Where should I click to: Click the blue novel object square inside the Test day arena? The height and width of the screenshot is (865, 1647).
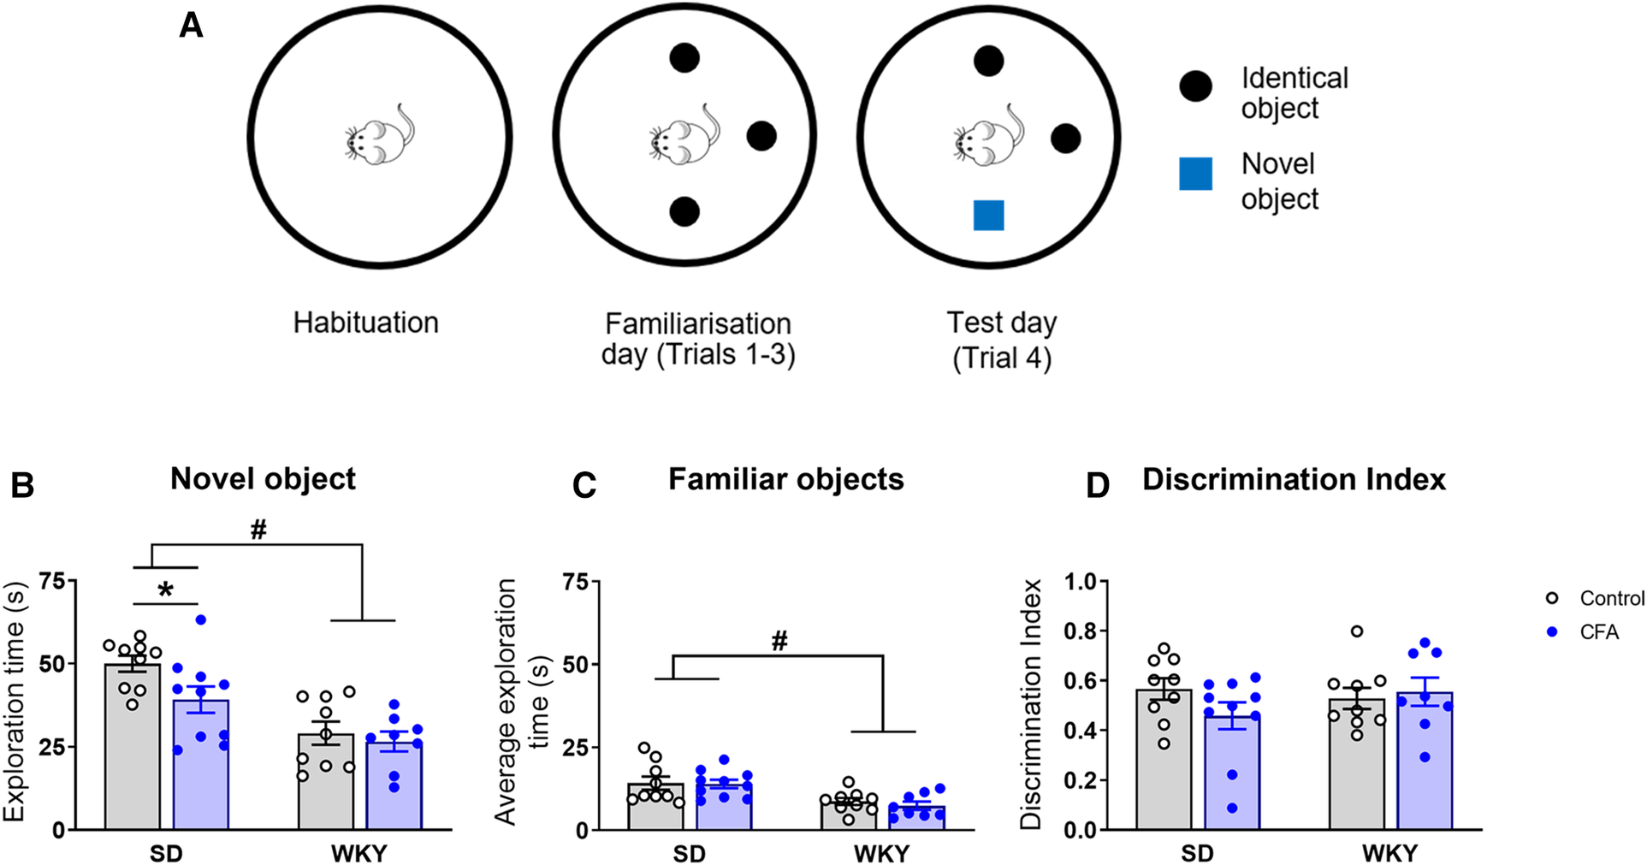click(x=988, y=216)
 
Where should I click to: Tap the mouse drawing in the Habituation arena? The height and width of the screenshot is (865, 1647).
click(x=380, y=137)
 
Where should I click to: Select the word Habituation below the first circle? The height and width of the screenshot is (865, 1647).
click(x=365, y=323)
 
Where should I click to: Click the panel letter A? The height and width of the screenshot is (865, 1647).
click(x=191, y=26)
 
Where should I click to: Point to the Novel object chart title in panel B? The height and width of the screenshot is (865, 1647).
click(x=263, y=479)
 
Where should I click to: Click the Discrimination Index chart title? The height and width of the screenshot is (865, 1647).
click(x=1293, y=480)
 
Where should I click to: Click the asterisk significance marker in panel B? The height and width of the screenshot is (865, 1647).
click(x=166, y=590)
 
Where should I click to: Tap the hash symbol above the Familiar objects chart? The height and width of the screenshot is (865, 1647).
click(x=779, y=642)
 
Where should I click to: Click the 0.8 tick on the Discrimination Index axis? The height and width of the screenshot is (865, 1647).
click(x=1080, y=631)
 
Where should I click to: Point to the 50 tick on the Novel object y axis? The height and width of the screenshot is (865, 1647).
click(x=52, y=664)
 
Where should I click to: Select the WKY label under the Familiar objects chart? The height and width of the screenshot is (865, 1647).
click(x=881, y=853)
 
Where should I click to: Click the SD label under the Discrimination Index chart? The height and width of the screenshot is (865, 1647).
click(x=1197, y=853)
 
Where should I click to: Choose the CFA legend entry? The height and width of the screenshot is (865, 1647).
click(x=1599, y=632)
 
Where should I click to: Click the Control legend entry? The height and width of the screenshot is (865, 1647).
click(x=1611, y=599)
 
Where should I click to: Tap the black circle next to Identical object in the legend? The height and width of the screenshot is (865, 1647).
click(x=1195, y=86)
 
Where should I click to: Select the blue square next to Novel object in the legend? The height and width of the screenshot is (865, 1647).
click(x=1195, y=174)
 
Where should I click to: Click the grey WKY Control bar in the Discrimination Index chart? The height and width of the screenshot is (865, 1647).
click(x=1356, y=770)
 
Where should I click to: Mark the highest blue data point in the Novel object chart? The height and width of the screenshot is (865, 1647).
click(x=201, y=619)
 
